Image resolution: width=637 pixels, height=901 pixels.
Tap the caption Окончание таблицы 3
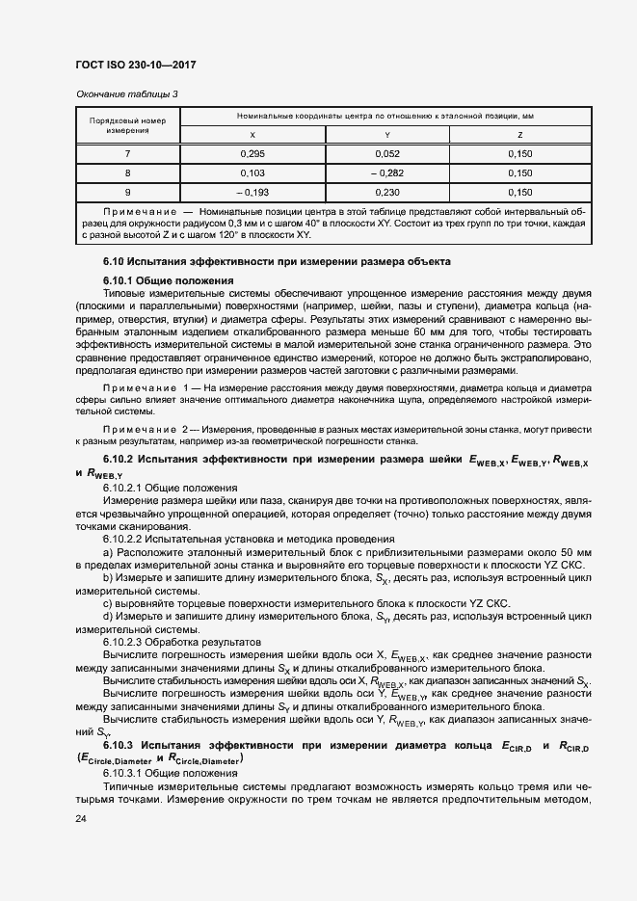click(126, 93)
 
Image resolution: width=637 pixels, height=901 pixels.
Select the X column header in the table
click(252, 135)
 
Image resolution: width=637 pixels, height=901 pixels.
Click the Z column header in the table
click(519, 135)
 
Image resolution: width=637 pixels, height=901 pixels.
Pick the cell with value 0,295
click(252, 154)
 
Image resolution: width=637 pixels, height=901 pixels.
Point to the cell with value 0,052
click(386, 154)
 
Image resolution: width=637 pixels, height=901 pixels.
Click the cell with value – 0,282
click(386, 172)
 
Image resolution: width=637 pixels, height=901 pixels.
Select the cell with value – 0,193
click(252, 192)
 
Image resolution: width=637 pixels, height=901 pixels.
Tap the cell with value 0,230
click(386, 192)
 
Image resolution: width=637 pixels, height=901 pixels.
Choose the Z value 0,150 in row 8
click(519, 172)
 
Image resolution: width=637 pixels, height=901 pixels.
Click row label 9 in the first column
click(127, 192)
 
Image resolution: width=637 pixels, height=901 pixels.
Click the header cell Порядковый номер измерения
click(127, 125)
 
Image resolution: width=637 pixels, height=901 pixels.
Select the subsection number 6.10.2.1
click(123, 489)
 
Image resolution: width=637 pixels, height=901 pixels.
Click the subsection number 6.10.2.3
click(123, 641)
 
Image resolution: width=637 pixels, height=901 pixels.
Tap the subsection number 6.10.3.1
click(123, 774)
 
